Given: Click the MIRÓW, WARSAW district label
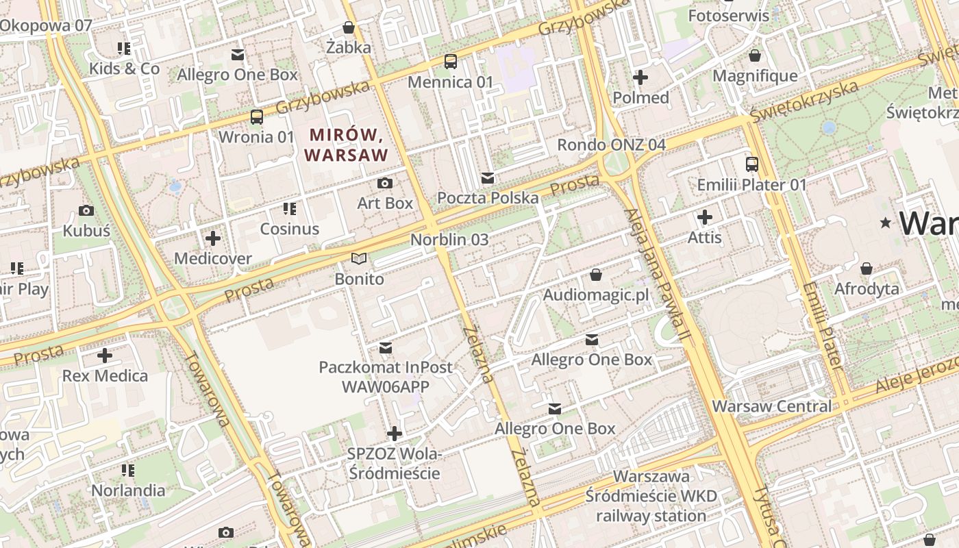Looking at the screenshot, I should click(346, 145).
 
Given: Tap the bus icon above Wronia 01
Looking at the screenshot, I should click(257, 117).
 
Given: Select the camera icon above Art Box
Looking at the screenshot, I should click(385, 183).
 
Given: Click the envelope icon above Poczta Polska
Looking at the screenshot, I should click(488, 178).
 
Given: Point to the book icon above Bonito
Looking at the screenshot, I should click(359, 259).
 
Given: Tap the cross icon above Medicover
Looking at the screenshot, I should click(213, 238).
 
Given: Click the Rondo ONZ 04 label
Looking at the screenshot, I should click(611, 145).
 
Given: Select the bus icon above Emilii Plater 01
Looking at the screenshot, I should click(752, 164).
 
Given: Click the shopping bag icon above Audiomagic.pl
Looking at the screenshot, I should click(596, 275).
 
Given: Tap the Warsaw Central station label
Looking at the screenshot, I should click(771, 406).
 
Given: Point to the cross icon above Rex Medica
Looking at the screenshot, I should click(105, 356).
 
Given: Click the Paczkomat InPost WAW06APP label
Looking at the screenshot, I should click(386, 377).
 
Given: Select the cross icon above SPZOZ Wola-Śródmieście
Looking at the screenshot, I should click(395, 434).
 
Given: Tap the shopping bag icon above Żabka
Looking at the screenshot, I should click(349, 27).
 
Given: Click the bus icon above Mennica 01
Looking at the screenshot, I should click(451, 62).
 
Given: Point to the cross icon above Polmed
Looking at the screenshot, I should click(640, 77).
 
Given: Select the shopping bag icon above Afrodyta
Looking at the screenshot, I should click(867, 269).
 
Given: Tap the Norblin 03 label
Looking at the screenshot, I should click(449, 240).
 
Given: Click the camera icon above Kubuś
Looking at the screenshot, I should click(86, 210).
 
